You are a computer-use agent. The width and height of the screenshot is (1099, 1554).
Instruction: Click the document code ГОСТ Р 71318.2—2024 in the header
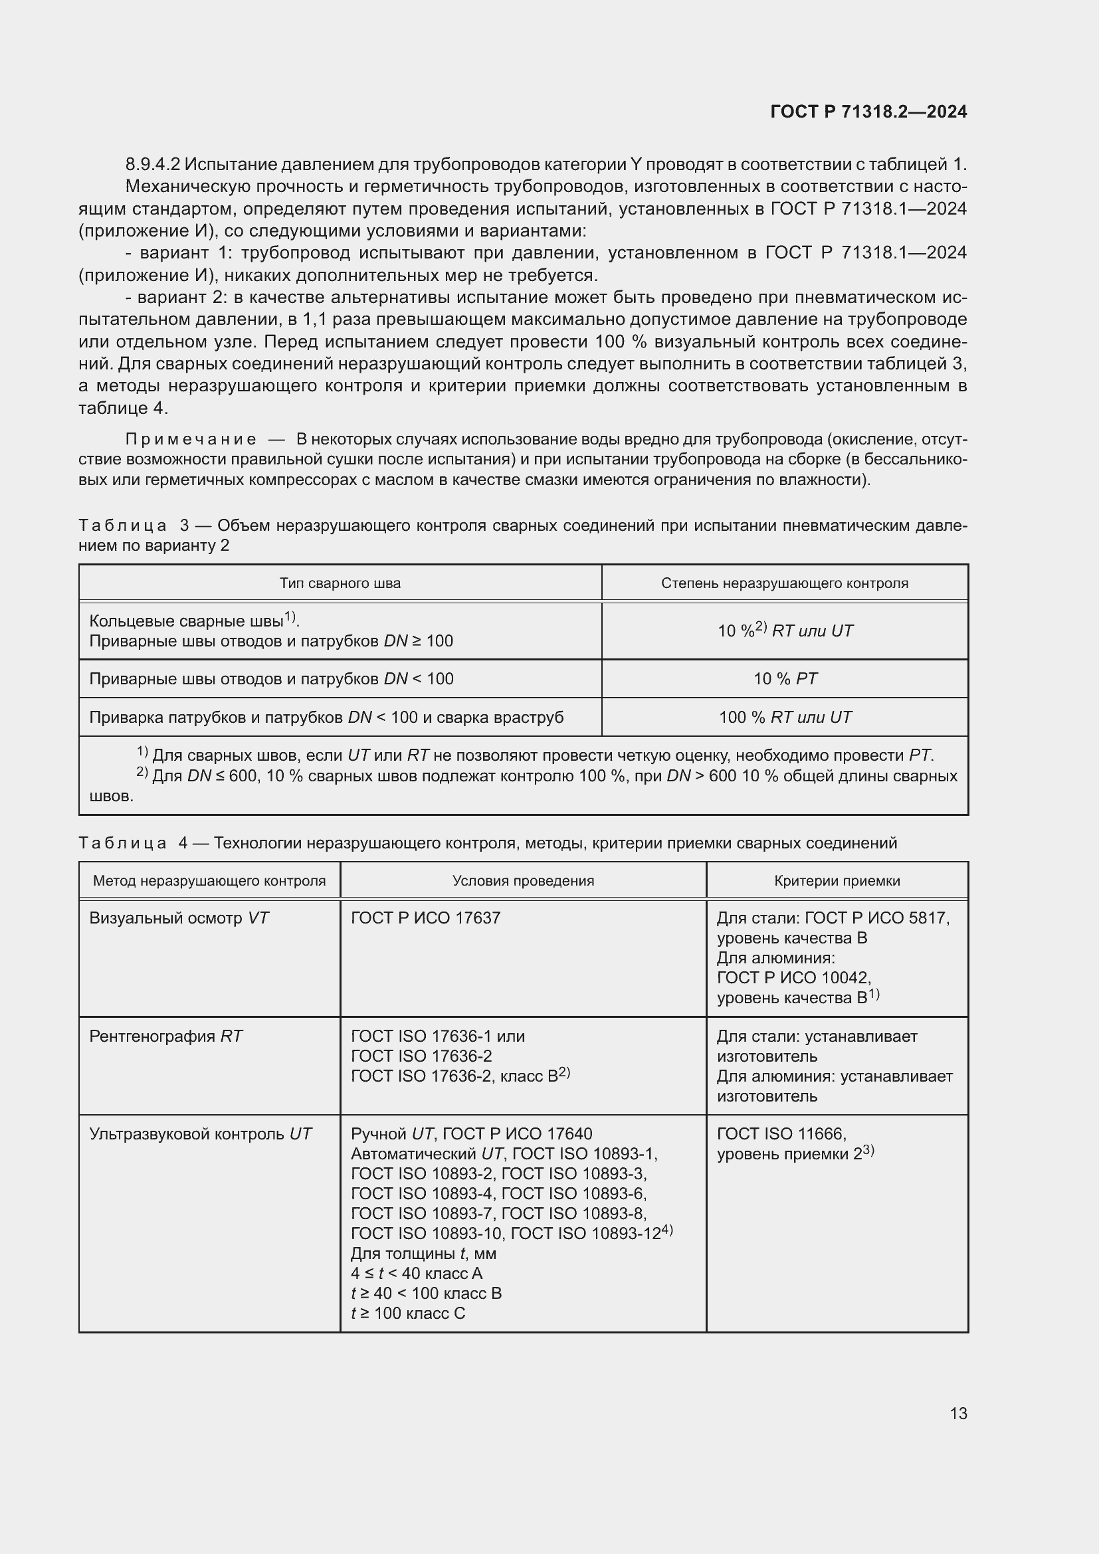pyautogui.click(x=868, y=112)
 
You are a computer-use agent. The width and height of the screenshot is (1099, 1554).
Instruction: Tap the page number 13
pyautogui.click(x=958, y=1413)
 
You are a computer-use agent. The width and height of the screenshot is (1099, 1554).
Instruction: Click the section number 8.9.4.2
pyautogui.click(x=152, y=165)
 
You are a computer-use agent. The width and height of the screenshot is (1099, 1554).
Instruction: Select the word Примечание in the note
pyautogui.click(x=191, y=439)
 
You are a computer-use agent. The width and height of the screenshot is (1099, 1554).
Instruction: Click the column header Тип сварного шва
pyautogui.click(x=340, y=583)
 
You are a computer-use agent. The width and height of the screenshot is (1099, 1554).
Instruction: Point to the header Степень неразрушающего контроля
pyautogui.click(x=784, y=583)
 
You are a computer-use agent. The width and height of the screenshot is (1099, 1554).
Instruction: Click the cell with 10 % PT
pyautogui.click(x=784, y=679)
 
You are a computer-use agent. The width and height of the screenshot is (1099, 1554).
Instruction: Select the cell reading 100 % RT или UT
pyautogui.click(x=784, y=718)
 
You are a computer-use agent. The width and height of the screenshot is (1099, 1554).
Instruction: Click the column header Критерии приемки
pyautogui.click(x=837, y=881)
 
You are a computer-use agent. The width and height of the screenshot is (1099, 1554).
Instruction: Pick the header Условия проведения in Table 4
pyautogui.click(x=522, y=881)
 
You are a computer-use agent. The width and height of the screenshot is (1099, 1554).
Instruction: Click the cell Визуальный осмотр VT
pyautogui.click(x=179, y=918)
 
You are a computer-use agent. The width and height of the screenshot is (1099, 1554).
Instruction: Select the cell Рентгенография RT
pyautogui.click(x=166, y=1036)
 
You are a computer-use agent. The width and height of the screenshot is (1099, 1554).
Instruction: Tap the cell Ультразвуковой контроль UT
pyautogui.click(x=200, y=1133)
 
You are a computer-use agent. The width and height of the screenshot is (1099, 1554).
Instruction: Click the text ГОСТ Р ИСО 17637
pyautogui.click(x=426, y=918)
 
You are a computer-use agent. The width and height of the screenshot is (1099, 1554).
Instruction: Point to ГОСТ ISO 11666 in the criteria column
pyautogui.click(x=781, y=1133)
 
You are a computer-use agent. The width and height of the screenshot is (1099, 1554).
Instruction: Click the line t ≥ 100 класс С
pyautogui.click(x=408, y=1313)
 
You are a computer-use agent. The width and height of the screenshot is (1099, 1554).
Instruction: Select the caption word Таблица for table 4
pyautogui.click(x=122, y=843)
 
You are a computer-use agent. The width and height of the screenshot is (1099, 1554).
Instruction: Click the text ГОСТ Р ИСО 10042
pyautogui.click(x=793, y=978)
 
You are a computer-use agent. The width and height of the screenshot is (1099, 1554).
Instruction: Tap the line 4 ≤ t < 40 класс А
pyautogui.click(x=416, y=1274)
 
